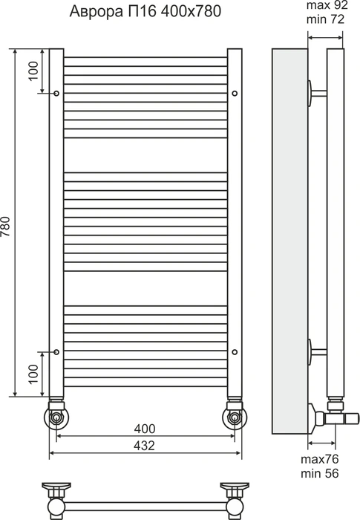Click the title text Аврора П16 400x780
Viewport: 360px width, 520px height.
pyautogui.click(x=145, y=12)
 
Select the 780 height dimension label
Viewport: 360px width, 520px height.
pyautogui.click(x=6, y=227)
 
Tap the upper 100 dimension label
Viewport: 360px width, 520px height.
pyautogui.click(x=33, y=71)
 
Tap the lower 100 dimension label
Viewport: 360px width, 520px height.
pyautogui.click(x=33, y=374)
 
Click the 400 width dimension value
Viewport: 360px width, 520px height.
pyautogui.click(x=145, y=429)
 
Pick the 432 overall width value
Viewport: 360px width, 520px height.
pyautogui.click(x=145, y=446)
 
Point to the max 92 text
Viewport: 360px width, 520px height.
pyautogui.click(x=327, y=5)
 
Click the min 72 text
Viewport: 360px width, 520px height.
pyautogui.click(x=325, y=19)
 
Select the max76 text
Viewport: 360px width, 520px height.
pyautogui.click(x=320, y=459)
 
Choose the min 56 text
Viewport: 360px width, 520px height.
pyautogui.click(x=320, y=473)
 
